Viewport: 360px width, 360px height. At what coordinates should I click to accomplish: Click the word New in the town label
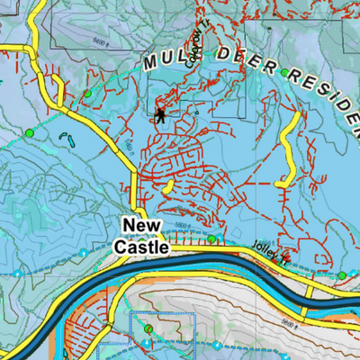(x=141, y=225)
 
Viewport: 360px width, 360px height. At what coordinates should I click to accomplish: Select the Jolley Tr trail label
(x=270, y=257)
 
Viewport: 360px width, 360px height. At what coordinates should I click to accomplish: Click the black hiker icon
(x=160, y=115)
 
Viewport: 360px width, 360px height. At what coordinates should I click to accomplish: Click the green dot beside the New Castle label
(x=211, y=239)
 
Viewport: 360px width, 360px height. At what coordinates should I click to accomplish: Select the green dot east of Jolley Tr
(x=342, y=274)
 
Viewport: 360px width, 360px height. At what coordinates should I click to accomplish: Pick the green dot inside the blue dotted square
(x=148, y=330)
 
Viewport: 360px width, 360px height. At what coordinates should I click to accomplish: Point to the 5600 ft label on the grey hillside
(x=286, y=322)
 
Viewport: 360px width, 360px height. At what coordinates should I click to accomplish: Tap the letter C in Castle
(x=120, y=245)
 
